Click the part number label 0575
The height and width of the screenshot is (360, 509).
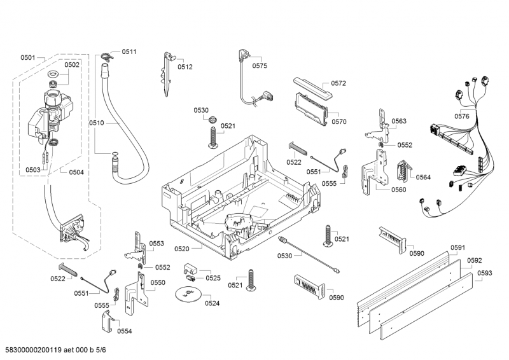click(260, 66)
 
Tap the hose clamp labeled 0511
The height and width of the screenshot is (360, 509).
click(106, 57)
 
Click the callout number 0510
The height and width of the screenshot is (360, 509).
click(96, 123)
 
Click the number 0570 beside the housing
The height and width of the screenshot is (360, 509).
click(339, 121)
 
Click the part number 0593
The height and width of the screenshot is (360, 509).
click(484, 273)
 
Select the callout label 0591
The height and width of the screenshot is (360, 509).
click(457, 247)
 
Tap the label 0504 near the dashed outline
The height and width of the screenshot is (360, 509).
click(76, 172)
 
